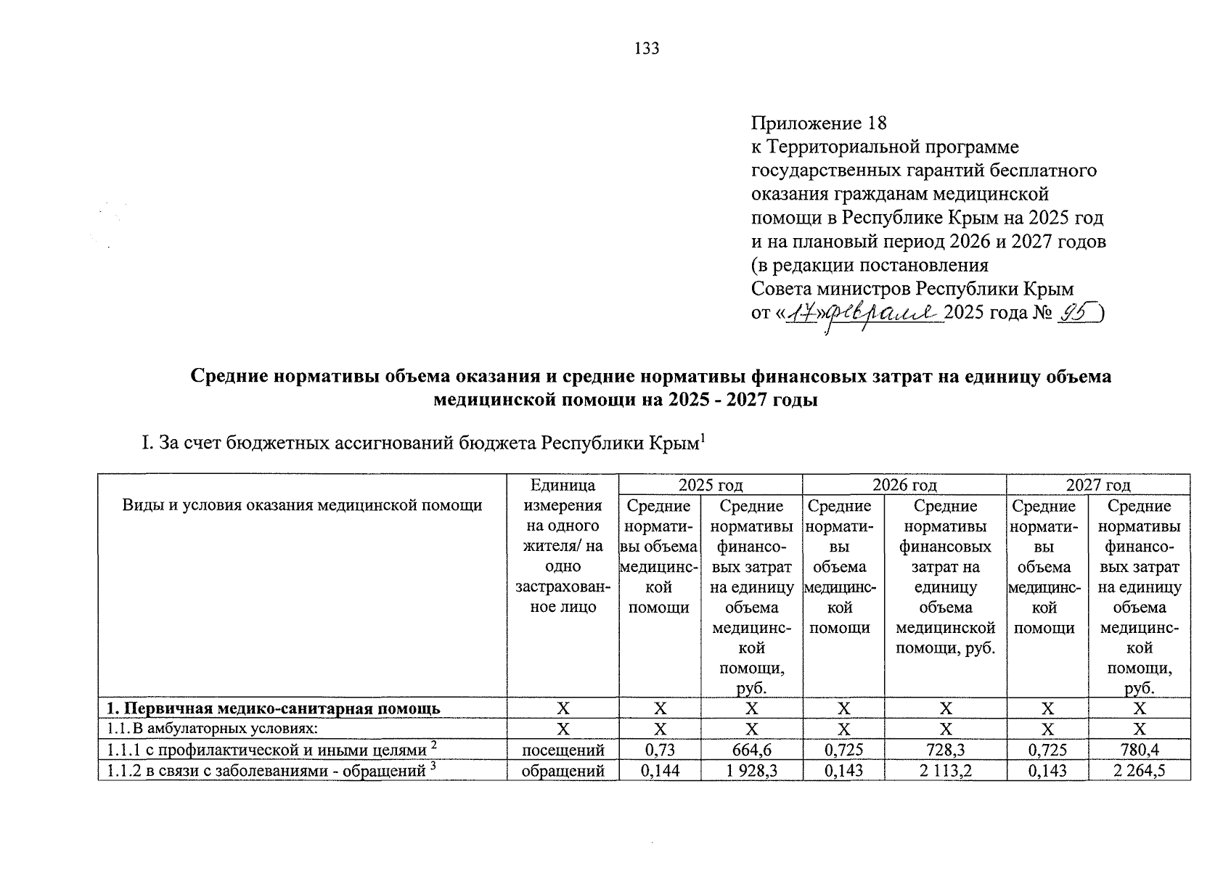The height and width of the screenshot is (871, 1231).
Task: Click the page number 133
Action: [x=647, y=49]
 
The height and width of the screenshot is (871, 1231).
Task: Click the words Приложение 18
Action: [x=819, y=123]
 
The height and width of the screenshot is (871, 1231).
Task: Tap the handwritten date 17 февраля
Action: [x=863, y=314]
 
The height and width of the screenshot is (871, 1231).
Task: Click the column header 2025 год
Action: [x=710, y=485]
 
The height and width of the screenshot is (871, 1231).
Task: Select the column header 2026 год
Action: [x=904, y=485]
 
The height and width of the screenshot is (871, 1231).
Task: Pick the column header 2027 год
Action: [x=1097, y=485]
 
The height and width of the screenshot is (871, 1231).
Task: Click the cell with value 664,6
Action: [x=751, y=750]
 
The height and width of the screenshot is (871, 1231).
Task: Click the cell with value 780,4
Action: [x=1139, y=750]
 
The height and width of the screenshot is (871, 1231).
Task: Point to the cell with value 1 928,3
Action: [x=751, y=770]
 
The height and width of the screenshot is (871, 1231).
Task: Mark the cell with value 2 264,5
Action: [x=1139, y=770]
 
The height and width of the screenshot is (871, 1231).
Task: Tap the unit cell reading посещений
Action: [x=563, y=750]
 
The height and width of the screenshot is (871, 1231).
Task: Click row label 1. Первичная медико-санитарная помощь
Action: [x=273, y=708]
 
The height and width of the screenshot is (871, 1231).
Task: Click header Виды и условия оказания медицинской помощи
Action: [x=302, y=505]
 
